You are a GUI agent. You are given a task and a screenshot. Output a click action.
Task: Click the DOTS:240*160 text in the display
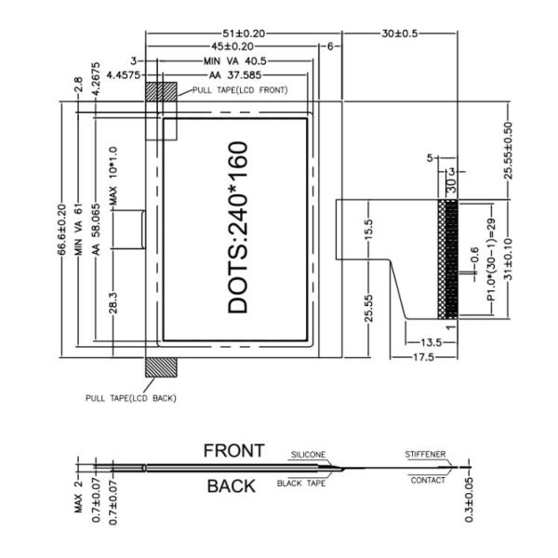click(x=237, y=227)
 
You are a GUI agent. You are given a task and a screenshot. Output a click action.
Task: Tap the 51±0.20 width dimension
click(x=240, y=33)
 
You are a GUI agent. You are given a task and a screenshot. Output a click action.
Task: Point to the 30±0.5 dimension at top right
click(x=400, y=33)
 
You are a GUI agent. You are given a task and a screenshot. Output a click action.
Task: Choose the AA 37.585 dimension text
click(x=237, y=73)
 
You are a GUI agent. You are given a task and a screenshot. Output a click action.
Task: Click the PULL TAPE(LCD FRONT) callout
click(x=240, y=89)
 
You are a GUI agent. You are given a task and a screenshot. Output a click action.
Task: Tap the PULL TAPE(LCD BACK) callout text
click(x=130, y=397)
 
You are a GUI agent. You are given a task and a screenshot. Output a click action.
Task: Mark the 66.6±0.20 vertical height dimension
click(x=62, y=230)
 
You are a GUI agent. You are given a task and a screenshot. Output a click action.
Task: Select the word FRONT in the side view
click(x=234, y=451)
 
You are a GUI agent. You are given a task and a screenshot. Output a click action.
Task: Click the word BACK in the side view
click(x=231, y=485)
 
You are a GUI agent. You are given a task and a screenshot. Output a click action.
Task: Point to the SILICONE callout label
click(x=308, y=455)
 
